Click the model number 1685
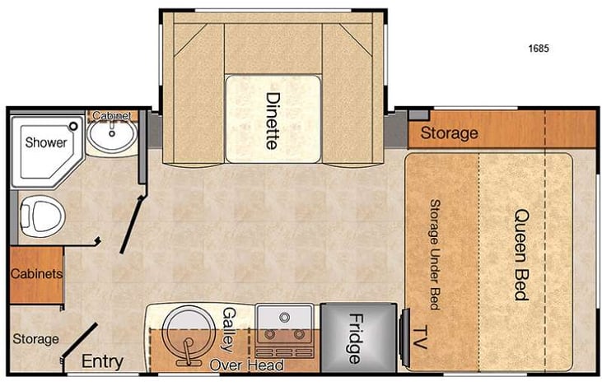tap(539, 49)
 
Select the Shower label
tap(45, 142)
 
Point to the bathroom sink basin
tap(111, 137)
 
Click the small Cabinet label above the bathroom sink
tap(112, 115)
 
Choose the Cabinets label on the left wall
tap(36, 274)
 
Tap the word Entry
tap(103, 362)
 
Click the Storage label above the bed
tap(449, 133)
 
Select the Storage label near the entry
tap(36, 339)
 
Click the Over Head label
tap(246, 365)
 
